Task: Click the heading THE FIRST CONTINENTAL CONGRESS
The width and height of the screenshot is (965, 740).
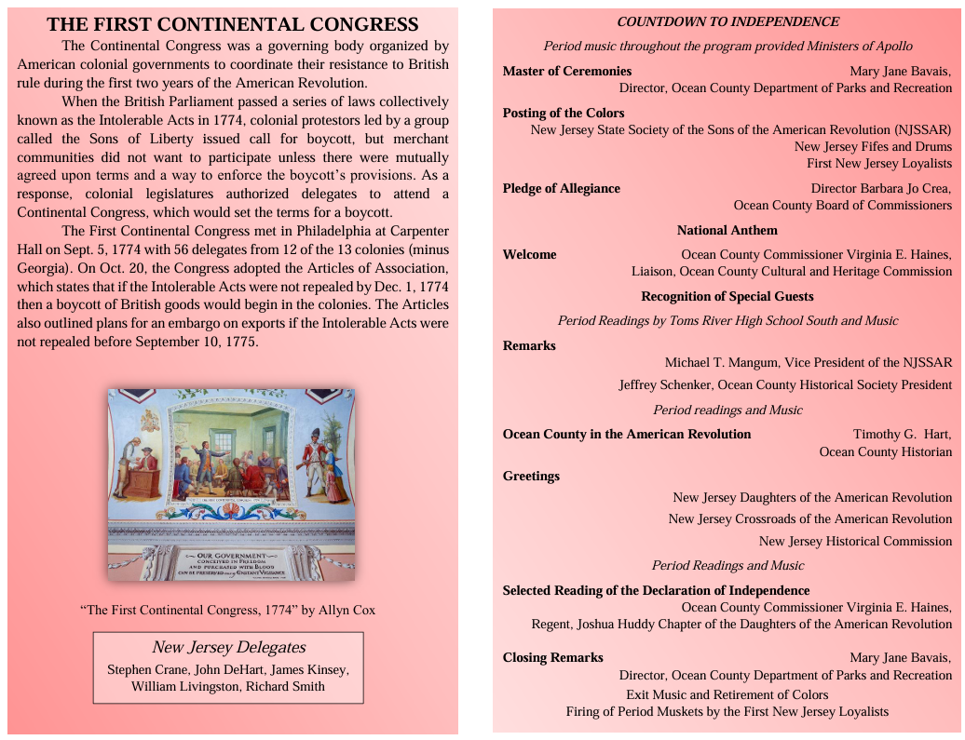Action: point(232,25)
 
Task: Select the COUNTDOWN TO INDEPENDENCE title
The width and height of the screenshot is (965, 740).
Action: point(727,21)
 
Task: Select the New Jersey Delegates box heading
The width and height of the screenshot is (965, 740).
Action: point(228,647)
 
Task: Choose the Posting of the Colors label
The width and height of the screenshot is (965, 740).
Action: point(550,113)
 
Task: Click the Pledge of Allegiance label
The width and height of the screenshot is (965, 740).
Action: point(561,188)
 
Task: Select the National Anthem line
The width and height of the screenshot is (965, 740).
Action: point(727,230)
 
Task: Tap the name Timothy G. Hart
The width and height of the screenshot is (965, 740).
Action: point(902,434)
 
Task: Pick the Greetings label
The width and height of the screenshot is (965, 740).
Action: point(531,476)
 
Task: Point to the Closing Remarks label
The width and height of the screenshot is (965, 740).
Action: point(552,657)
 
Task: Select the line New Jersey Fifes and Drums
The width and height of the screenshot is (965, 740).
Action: point(873,146)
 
